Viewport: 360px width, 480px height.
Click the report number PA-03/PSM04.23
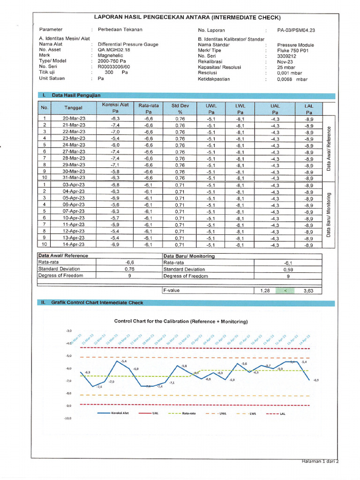(296, 30)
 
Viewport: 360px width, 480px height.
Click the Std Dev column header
(180, 106)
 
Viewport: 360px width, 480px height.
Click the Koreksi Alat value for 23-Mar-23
(115, 139)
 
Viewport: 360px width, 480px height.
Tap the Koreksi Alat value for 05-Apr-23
(115, 198)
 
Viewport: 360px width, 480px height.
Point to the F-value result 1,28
(265, 291)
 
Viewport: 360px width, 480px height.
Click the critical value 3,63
(308, 291)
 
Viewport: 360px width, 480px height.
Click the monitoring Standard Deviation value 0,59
(288, 270)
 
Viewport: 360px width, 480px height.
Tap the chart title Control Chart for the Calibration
(181, 322)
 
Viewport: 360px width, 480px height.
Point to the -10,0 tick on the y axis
(67, 418)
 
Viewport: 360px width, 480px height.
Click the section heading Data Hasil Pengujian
(76, 95)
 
